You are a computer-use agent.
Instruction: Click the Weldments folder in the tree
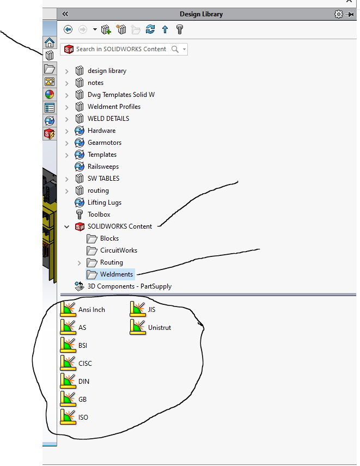(115, 274)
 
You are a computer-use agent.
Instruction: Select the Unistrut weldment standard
(159, 327)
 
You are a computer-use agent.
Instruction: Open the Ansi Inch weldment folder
(91, 309)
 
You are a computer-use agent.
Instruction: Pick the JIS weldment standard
(151, 309)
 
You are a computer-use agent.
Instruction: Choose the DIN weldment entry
(83, 381)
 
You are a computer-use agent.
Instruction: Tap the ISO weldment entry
(83, 417)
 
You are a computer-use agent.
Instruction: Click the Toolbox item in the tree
(99, 214)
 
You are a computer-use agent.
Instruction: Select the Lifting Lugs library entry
(104, 203)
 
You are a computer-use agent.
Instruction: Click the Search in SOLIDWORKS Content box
(120, 49)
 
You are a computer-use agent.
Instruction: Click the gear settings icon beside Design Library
(338, 14)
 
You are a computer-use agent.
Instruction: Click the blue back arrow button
(68, 29)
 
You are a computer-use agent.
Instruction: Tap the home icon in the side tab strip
(50, 42)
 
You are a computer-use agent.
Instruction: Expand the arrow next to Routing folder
(80, 262)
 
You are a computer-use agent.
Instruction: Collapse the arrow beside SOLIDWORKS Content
(67, 226)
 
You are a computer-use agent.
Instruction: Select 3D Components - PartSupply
(130, 286)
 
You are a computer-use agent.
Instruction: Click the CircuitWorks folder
(118, 250)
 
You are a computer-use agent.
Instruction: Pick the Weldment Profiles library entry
(114, 107)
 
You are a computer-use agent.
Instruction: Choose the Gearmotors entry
(104, 143)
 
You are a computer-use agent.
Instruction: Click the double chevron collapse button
(65, 14)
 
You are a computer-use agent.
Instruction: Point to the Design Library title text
(201, 14)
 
